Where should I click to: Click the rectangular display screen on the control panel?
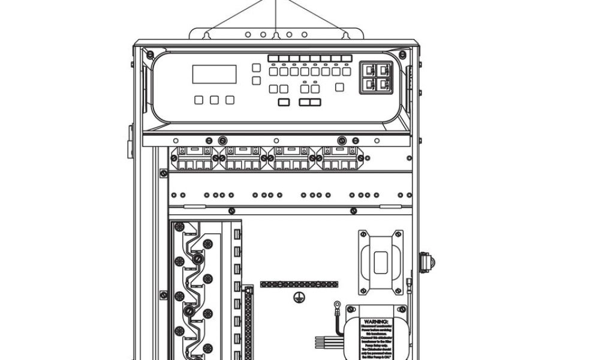214,74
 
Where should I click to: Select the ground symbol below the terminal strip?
297,296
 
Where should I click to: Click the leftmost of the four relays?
194,158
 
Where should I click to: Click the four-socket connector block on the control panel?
376,77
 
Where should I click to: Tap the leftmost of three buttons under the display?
199,100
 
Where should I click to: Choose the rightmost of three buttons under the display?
230,100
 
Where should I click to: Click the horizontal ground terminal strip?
299,284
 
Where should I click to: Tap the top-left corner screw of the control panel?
150,55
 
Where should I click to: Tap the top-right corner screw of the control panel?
402,55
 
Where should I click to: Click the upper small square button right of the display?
256,68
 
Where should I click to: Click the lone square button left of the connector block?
339,87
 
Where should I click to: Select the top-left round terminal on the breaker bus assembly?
179,227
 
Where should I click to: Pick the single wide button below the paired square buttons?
284,102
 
